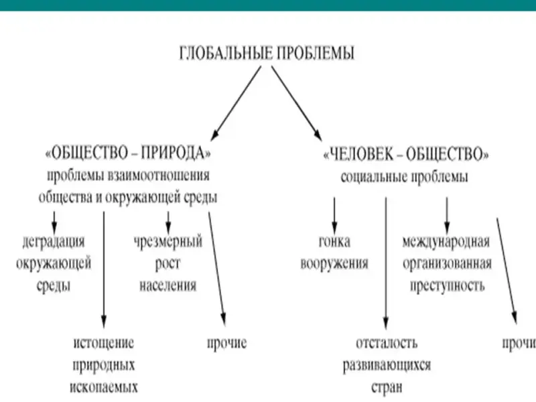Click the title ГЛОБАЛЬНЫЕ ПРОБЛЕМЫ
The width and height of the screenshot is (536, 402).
(x=267, y=53)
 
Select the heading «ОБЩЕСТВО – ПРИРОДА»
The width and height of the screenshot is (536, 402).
(x=128, y=153)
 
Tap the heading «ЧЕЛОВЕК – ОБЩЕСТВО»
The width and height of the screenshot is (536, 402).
(x=406, y=154)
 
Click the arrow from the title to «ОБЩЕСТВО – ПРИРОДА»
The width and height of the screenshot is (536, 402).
(x=236, y=103)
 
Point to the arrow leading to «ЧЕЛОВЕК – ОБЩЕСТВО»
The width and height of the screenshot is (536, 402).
(x=297, y=103)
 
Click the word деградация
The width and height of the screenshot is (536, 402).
(x=54, y=242)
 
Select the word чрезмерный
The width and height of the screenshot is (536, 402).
(x=168, y=242)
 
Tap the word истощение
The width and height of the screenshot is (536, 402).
(x=104, y=342)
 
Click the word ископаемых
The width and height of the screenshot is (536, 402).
(x=104, y=387)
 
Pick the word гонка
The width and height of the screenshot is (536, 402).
(x=334, y=241)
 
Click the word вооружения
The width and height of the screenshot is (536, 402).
(x=334, y=263)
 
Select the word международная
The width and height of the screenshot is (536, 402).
(x=446, y=242)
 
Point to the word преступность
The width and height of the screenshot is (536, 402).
(x=447, y=285)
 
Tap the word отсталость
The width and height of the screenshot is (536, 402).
(x=387, y=342)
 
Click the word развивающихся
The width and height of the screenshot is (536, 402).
(x=387, y=365)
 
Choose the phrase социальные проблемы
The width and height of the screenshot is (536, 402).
(x=405, y=177)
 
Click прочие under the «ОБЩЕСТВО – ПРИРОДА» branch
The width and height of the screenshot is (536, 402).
(x=226, y=343)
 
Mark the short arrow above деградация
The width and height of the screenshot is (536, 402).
(x=54, y=222)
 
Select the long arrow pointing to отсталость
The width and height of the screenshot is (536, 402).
(x=386, y=263)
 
